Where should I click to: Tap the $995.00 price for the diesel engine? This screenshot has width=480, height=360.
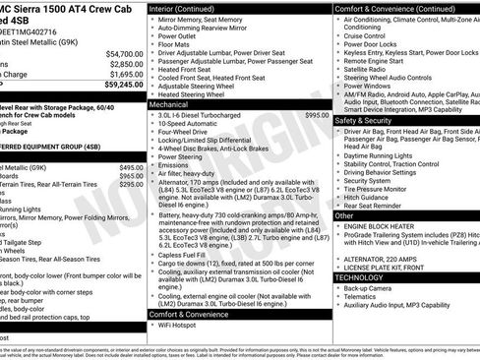(x=317, y=115)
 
